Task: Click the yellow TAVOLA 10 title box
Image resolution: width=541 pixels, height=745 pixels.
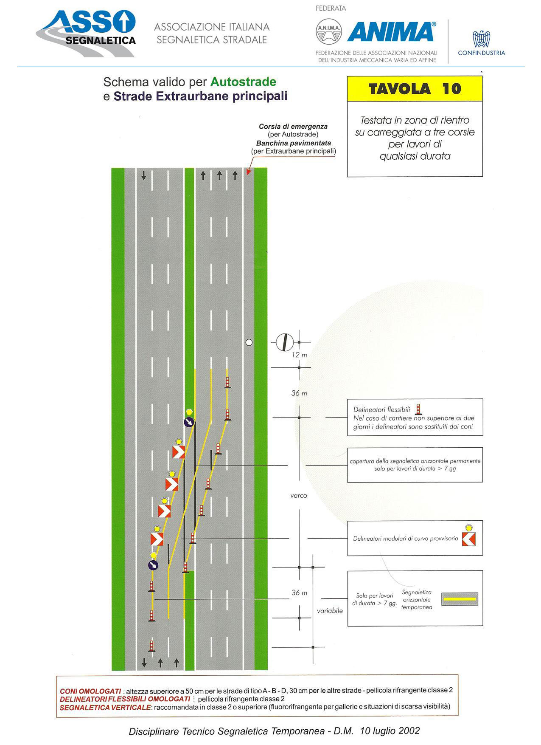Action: tap(415, 89)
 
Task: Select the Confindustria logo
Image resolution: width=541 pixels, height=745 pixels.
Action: tap(481, 43)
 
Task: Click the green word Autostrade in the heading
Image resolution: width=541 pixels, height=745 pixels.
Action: tap(243, 82)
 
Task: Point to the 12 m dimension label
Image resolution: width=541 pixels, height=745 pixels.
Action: tap(299, 355)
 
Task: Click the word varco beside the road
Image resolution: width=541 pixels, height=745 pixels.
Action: tap(299, 496)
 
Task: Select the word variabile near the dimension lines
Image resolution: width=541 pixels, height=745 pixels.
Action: tap(330, 611)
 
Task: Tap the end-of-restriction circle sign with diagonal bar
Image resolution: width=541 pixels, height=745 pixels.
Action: tap(285, 342)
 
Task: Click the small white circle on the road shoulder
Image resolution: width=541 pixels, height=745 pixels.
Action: tap(249, 342)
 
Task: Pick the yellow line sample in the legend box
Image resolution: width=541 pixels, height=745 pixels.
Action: tap(460, 599)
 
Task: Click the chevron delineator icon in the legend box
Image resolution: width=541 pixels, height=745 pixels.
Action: tap(469, 536)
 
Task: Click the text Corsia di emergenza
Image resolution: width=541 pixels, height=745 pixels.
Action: tap(293, 127)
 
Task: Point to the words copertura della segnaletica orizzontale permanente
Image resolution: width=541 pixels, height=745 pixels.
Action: tap(415, 461)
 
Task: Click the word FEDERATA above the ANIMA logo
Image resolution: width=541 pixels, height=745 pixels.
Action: tap(331, 8)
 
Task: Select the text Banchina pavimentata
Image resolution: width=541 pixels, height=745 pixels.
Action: tap(294, 143)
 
